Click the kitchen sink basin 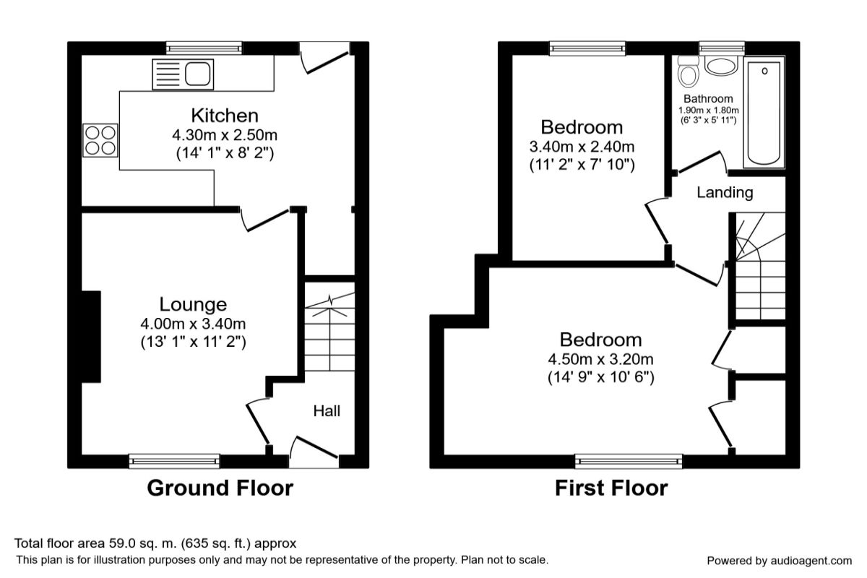(198, 74)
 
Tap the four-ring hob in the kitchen (100, 140)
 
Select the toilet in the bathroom (688, 72)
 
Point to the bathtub (764, 113)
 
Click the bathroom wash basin (721, 66)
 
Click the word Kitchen (225, 116)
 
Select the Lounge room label (193, 304)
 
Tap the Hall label (327, 411)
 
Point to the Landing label (725, 192)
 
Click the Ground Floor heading (220, 488)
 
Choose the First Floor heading (611, 488)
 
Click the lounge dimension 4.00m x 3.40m (193, 324)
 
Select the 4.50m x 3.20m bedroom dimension (600, 360)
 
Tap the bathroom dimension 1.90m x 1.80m (709, 111)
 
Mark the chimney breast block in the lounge (91, 337)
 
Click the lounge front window (174, 461)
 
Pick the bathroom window (722, 48)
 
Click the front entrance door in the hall (314, 452)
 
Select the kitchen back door (324, 57)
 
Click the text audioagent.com (811, 561)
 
